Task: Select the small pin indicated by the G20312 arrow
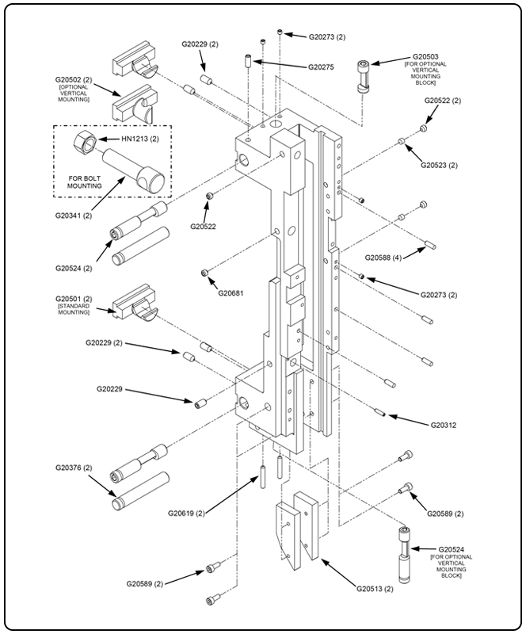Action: click(379, 411)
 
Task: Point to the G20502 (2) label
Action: click(74, 80)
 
